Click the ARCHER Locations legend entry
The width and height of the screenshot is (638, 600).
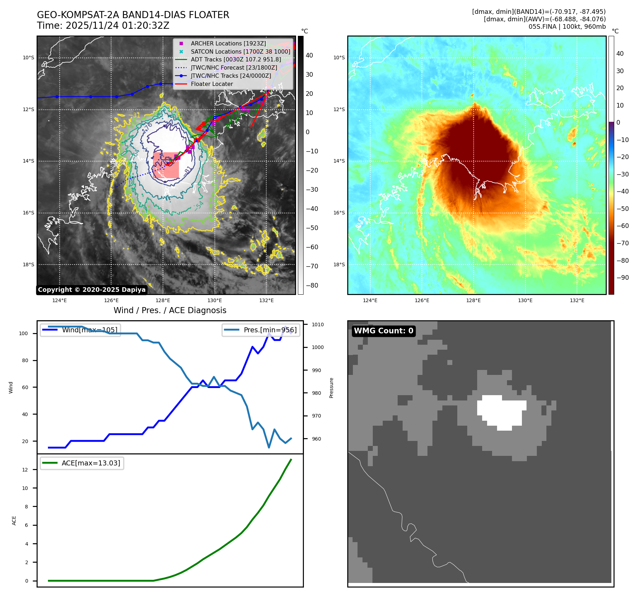point(228,43)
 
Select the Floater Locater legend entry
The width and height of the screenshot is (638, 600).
point(212,84)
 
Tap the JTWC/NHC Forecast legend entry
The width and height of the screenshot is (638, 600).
point(234,68)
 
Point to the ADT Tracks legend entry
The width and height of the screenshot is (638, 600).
point(236,60)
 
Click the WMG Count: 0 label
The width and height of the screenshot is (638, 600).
point(383,331)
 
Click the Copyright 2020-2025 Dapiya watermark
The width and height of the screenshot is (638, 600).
point(92,290)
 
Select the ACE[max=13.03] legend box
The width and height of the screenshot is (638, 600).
point(82,463)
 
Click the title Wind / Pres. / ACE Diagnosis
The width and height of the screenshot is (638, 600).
point(170,310)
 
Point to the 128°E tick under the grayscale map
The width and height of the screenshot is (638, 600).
point(163,301)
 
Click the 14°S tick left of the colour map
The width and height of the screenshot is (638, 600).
point(339,161)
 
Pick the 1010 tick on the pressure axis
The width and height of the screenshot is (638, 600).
point(318,324)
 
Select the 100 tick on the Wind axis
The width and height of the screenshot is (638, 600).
point(23,334)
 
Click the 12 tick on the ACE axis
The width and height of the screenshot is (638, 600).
point(25,470)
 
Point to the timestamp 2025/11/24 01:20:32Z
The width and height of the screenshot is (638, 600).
point(117,26)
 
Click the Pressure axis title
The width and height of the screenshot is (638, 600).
point(331,388)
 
